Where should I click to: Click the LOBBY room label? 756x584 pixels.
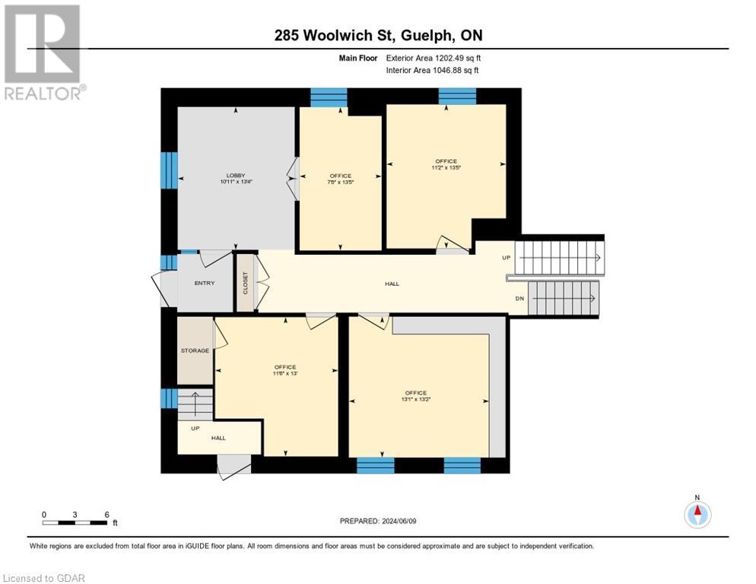click(x=236, y=176)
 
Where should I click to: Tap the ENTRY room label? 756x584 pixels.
click(x=205, y=283)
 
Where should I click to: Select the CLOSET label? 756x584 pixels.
click(x=245, y=283)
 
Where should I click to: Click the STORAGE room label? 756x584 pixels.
click(x=195, y=351)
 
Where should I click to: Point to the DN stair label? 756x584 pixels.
click(x=519, y=299)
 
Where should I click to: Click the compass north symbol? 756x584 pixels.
click(x=697, y=513)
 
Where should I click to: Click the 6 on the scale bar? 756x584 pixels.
click(x=106, y=514)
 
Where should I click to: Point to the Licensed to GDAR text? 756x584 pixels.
click(x=44, y=578)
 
